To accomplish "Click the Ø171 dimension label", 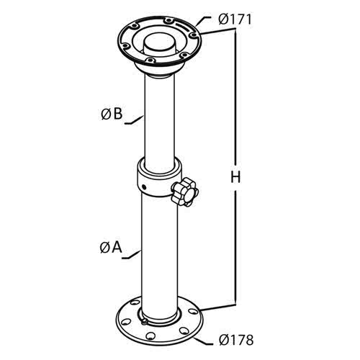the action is (235, 19).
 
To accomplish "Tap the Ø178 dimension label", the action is (236, 340).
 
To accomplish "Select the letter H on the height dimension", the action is (235, 178).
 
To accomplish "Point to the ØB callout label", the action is (112, 114).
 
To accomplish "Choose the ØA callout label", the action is (111, 248).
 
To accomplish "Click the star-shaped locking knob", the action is (184, 192).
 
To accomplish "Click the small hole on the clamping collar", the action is (143, 186).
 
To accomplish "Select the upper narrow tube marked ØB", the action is (160, 117).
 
